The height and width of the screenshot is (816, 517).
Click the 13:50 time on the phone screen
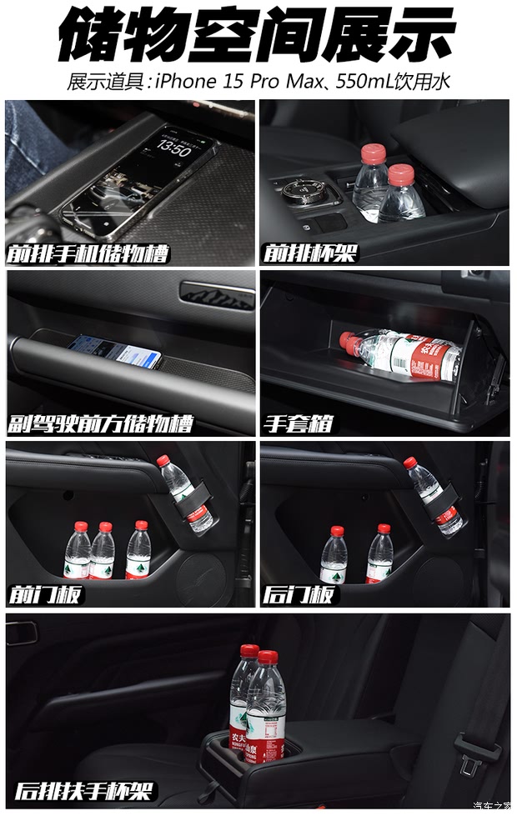pos(173,148)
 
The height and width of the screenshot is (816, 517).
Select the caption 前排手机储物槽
pos(87,252)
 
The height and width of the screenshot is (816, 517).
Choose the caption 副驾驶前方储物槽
pos(100,423)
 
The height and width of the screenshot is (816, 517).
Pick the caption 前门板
pos(47,594)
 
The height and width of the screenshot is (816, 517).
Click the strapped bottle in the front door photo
pos(187,494)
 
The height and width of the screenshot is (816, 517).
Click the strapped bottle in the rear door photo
pos(434,496)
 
